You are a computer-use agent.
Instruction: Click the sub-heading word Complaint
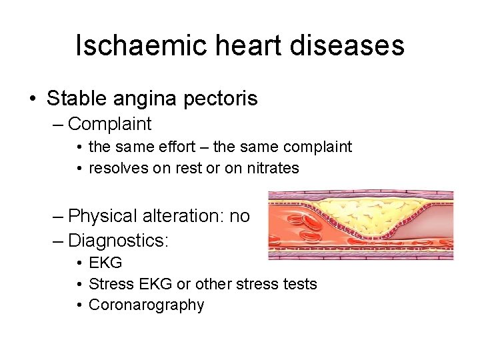[x=110, y=123]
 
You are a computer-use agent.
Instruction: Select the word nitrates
[x=271, y=168]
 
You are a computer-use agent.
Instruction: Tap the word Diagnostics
[x=118, y=239]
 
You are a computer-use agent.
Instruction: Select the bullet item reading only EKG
[x=105, y=263]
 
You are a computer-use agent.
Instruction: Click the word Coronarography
[x=146, y=305]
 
